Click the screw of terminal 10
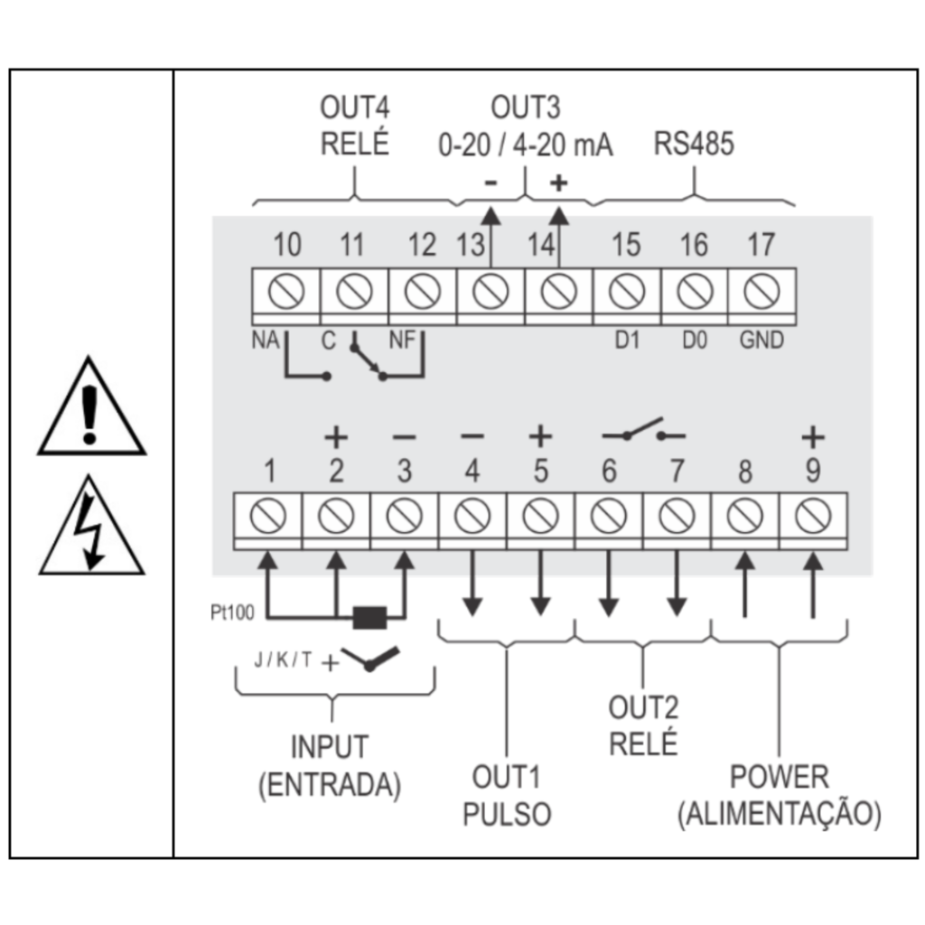point(286,292)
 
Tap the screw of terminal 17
point(761,292)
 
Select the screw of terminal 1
point(267,516)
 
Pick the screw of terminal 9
point(813,516)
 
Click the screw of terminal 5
point(540,516)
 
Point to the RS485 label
point(694,144)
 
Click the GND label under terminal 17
point(761,341)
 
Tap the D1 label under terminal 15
point(627,341)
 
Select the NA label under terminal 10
point(266,341)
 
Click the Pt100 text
point(232,612)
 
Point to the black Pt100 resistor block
point(369,618)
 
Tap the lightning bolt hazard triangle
point(91,525)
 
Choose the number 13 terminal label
point(471,245)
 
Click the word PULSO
point(507,814)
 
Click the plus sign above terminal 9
point(813,437)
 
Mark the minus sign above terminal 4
point(472,436)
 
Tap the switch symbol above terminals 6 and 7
point(643,429)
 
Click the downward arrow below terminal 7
point(677,584)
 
